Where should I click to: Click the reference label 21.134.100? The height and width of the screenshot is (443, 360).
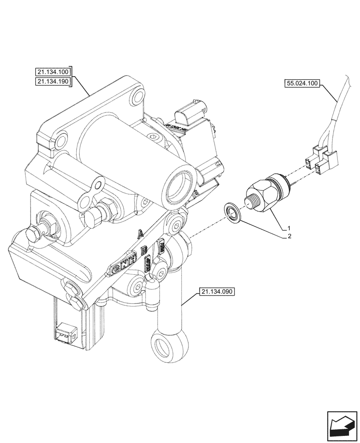[53, 71]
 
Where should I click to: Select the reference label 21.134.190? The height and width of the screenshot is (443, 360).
[53, 82]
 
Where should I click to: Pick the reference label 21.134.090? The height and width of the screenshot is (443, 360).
[217, 291]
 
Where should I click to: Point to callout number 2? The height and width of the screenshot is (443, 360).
[289, 237]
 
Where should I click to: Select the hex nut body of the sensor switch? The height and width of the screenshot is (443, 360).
[261, 195]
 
